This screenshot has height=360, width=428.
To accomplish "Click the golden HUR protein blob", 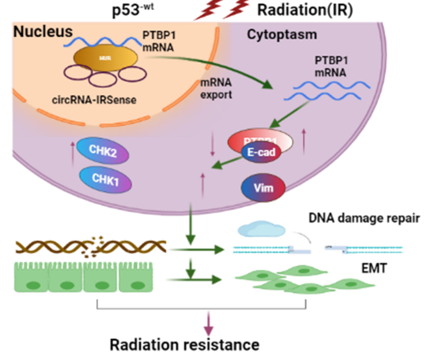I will tap(103, 57).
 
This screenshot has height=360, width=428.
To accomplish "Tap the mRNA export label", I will tap(215, 90).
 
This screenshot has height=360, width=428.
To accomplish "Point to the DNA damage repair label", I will tap(363, 219).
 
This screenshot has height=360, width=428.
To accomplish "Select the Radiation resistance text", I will tap(184, 345).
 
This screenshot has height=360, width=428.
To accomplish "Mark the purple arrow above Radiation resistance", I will tap(209, 325).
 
